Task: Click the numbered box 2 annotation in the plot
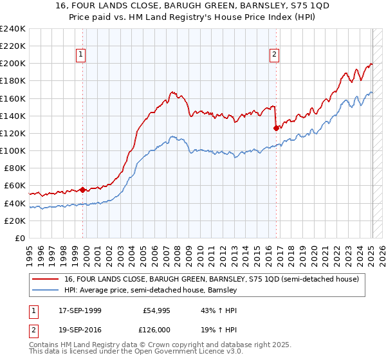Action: coord(274,55)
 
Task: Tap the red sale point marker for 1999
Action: coord(82,190)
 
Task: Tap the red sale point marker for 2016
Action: coord(276,128)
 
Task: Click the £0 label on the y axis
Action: coord(20,238)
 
